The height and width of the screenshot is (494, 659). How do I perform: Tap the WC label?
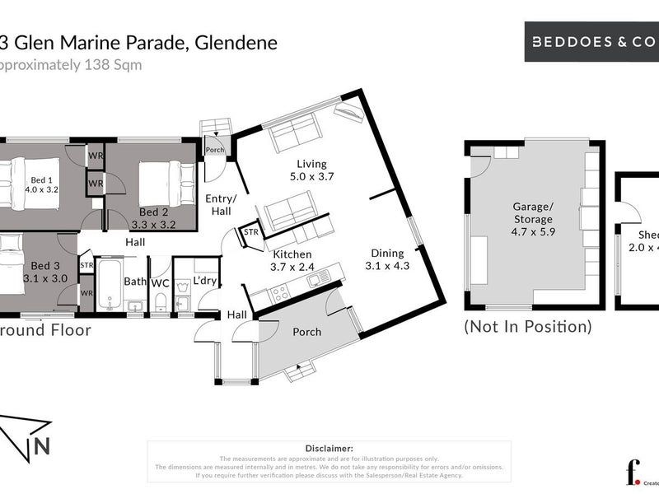click(160, 282)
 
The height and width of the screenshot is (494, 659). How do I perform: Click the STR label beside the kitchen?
click(250, 234)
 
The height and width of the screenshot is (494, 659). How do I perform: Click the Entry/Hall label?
click(220, 205)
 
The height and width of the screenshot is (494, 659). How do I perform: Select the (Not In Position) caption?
click(528, 326)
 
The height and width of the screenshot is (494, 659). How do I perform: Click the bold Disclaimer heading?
click(329, 448)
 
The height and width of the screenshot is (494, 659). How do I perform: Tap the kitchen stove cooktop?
click(279, 291)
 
